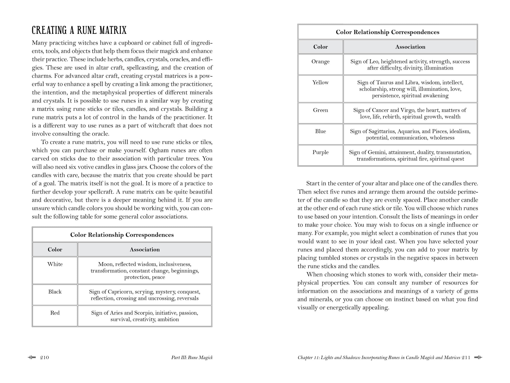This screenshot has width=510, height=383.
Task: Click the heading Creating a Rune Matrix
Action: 79,30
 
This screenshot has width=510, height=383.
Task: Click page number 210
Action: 45,358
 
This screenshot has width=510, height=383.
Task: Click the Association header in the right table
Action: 410,47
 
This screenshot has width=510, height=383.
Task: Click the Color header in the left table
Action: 55,250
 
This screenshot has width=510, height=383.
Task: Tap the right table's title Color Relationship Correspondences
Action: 387,32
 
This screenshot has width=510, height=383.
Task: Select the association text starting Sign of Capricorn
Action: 145,295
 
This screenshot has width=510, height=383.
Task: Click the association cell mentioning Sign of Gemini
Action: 410,156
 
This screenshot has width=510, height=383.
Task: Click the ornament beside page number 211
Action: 478,357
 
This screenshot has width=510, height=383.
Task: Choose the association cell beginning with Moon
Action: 145,271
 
